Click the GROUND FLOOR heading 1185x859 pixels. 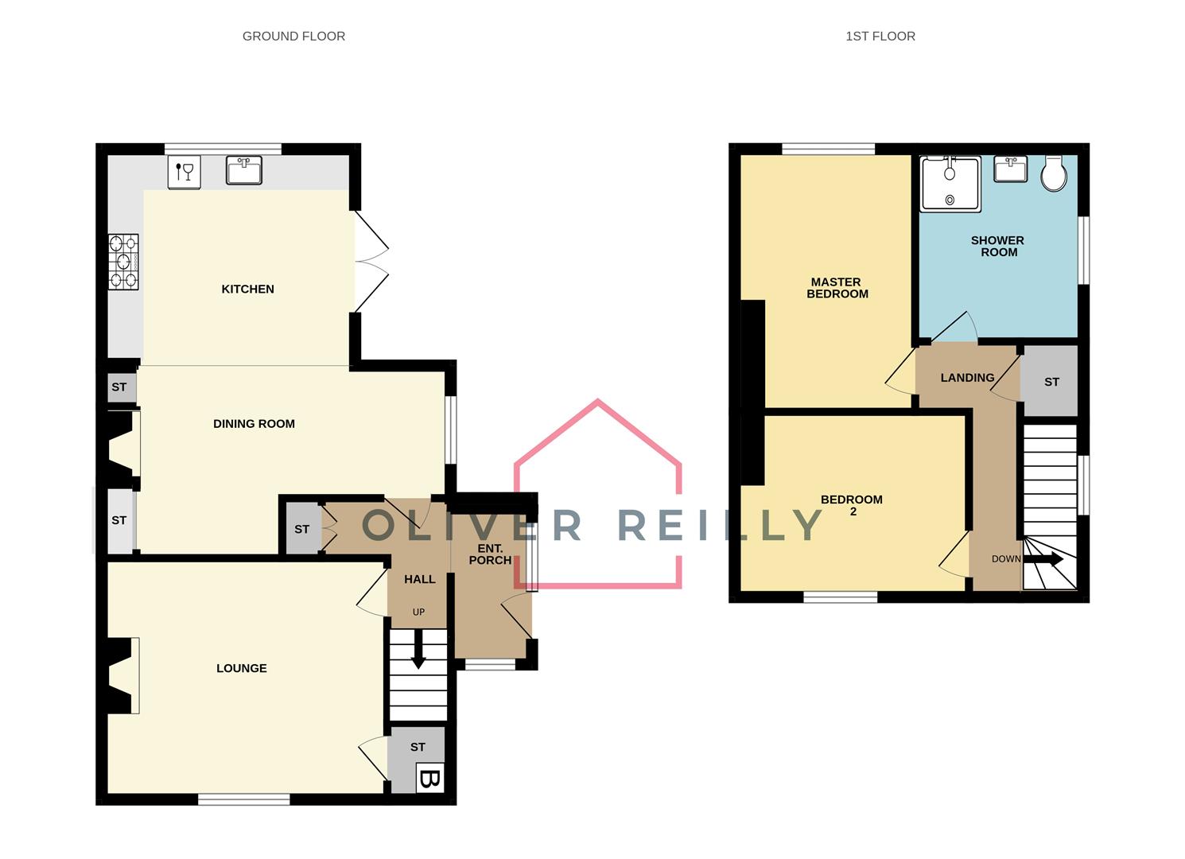pos(293,36)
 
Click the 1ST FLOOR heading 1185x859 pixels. pos(880,36)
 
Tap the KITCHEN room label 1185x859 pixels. pos(247,289)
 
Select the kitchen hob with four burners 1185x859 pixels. pos(123,262)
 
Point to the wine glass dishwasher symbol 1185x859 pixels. pos(184,173)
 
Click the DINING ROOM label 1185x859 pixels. pos(254,424)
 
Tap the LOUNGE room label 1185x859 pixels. pos(241,668)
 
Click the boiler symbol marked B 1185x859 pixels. pos(429,778)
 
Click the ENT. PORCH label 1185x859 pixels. pos(490,554)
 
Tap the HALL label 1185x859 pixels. pos(419,579)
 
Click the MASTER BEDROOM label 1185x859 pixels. pos(837,288)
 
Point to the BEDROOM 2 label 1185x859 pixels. pos(851,505)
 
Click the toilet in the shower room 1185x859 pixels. pos(1054,173)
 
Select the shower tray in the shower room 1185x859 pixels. pos(950,185)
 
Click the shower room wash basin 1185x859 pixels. pos(1010,169)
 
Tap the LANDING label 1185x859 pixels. pos(967,378)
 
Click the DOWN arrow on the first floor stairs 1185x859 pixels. pos(1043,559)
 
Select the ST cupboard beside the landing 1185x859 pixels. pos(1051,382)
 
